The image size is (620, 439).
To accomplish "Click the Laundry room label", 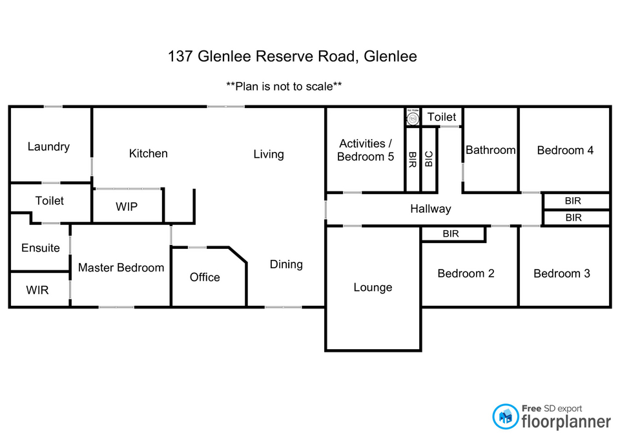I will tap(48, 147).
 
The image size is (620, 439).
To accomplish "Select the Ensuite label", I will tap(41, 248).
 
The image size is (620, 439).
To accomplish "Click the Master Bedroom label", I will tap(121, 267).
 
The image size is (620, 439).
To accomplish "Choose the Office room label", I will tap(205, 277).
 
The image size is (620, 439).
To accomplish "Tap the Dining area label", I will tap(286, 264).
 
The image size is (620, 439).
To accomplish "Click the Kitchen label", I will tap(148, 153).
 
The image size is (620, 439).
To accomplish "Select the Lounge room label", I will tap(373, 287).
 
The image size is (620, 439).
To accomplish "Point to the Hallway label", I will tap(430, 209).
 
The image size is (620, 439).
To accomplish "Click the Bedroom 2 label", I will tap(466, 273).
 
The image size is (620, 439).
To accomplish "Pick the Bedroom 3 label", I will tap(561, 273).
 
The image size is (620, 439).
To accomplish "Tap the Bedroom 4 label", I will tap(565, 150).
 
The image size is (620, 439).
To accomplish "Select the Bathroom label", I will tap(491, 150).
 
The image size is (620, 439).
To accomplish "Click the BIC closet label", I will tap(429, 160).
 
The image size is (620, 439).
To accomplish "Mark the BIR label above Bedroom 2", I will tap(451, 233).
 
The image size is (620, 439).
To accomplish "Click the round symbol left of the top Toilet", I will tap(413, 118).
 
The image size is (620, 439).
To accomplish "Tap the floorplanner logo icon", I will tap(506, 416).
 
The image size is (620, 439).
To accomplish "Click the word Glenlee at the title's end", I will tap(390, 56).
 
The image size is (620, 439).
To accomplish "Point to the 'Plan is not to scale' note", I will tap(284, 86).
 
